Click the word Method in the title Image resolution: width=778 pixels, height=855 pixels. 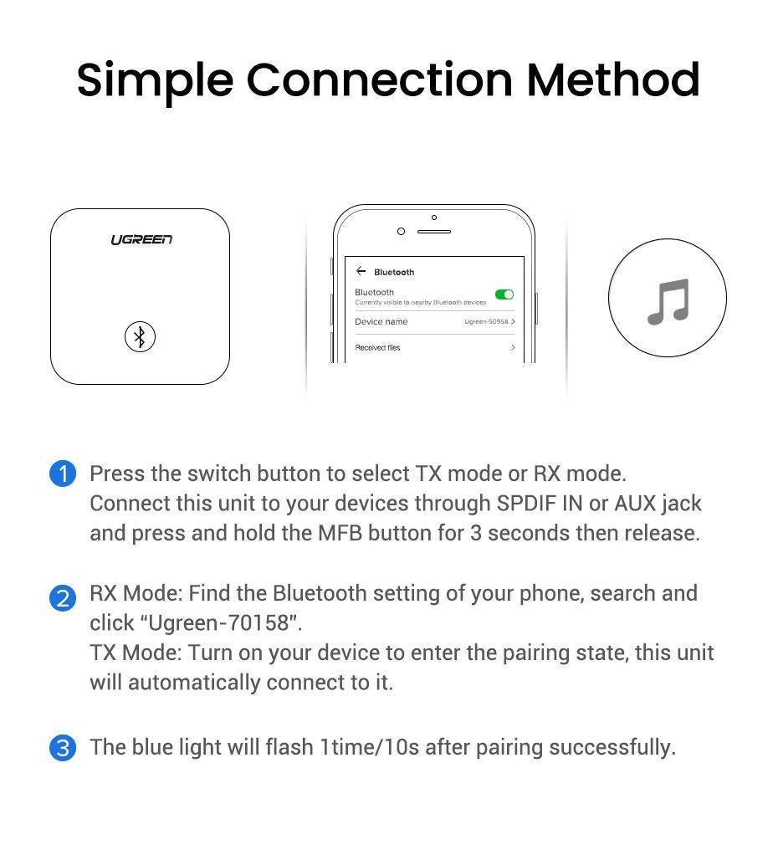612,80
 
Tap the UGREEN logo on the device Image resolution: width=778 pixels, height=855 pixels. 141,240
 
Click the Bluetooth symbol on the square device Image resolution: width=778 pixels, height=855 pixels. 140,337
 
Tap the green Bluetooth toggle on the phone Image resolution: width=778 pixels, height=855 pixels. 504,294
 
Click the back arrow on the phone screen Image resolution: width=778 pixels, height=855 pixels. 361,271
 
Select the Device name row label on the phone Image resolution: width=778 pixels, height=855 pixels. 381,322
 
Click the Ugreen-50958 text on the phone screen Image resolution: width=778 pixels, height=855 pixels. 486,322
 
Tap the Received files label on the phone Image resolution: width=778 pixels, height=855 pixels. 377,348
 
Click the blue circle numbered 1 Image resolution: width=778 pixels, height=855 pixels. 63,474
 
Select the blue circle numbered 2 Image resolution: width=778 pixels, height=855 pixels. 63,598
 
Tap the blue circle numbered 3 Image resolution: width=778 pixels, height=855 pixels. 63,747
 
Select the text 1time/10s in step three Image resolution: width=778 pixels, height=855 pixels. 369,747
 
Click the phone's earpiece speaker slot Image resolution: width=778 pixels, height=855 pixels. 433,232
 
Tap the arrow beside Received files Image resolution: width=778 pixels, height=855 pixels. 513,348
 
